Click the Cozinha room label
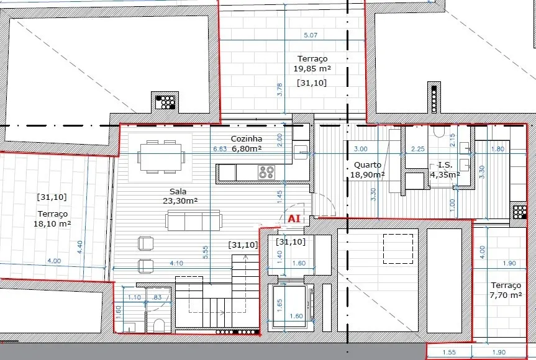coord(247,138)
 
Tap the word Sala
coord(178,191)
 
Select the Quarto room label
coord(368,165)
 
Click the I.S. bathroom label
coord(445,165)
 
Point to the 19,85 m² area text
coord(312,69)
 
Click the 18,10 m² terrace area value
coord(52,223)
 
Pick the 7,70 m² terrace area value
coord(506,295)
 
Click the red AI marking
coord(294,218)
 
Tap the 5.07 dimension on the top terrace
coord(311,35)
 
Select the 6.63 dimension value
coord(220,149)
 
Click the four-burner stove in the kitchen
coord(266,172)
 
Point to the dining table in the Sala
coord(161,157)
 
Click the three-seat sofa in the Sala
coord(194,220)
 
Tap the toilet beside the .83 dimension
coord(159,325)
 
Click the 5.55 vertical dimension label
coord(205,252)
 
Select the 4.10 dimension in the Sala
coord(176,263)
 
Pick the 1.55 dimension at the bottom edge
coord(449,353)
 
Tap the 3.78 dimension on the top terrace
coord(279,89)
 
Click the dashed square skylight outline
coord(398,249)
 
